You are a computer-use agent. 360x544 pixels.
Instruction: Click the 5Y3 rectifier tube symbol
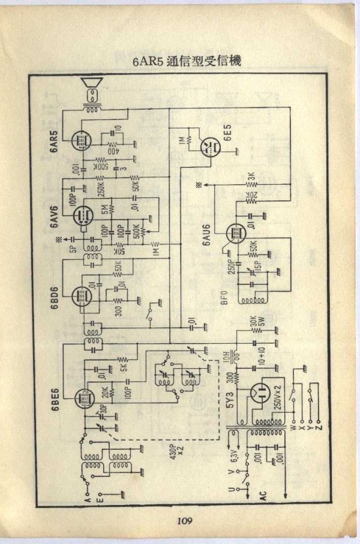point(263,394)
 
